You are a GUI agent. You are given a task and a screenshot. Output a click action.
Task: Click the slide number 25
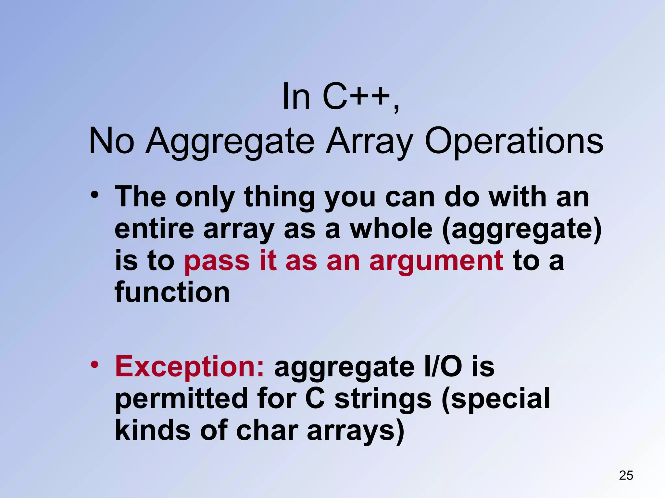pos(626,475)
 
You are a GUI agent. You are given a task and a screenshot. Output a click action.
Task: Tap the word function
pos(172,292)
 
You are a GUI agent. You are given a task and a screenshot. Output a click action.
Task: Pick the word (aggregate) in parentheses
pos(522,230)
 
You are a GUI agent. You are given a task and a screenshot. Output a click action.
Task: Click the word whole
pos(391,229)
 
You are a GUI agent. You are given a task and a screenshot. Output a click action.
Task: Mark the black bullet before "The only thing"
pos(94,195)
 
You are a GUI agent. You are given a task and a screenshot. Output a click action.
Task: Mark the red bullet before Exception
pos(94,365)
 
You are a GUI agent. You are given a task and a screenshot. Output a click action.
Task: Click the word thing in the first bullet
pos(280,197)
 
